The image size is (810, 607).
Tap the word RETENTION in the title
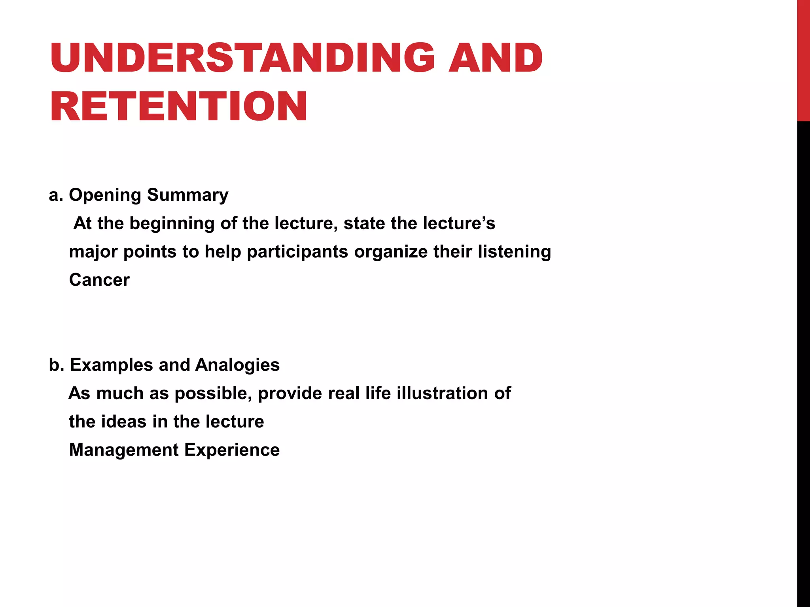pyautogui.click(x=179, y=106)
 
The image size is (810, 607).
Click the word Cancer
pyautogui.click(x=99, y=280)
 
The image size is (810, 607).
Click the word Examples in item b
pyautogui.click(x=111, y=365)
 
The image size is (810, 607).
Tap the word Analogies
pyautogui.click(x=237, y=365)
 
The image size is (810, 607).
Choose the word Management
pyautogui.click(x=124, y=450)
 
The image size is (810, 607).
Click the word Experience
pyautogui.click(x=232, y=450)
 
